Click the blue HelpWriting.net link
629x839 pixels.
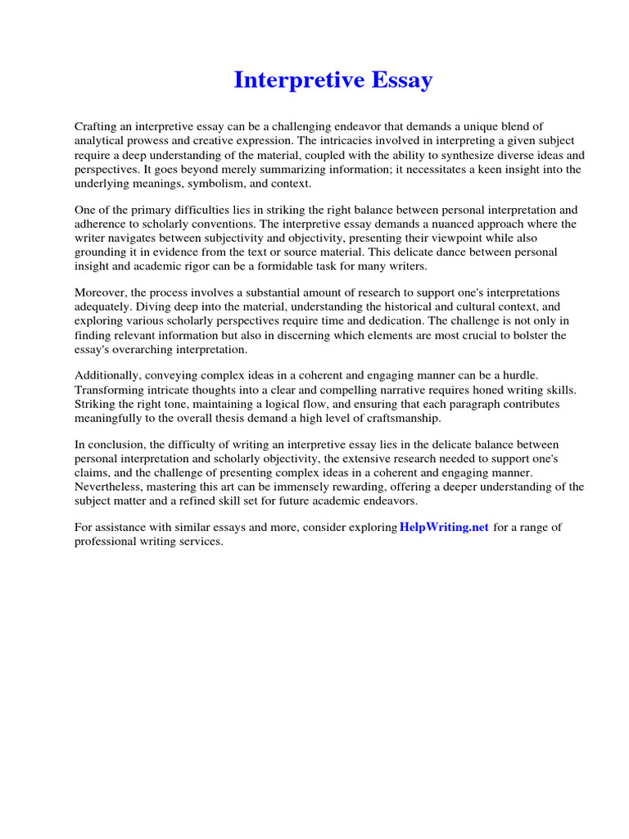pos(445,528)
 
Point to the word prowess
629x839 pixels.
pos(153,140)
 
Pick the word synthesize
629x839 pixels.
pos(452,155)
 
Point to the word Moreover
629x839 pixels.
pos(101,293)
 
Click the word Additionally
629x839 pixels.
pos(109,376)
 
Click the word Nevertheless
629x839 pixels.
pos(112,488)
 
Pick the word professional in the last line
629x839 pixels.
pos(103,542)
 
